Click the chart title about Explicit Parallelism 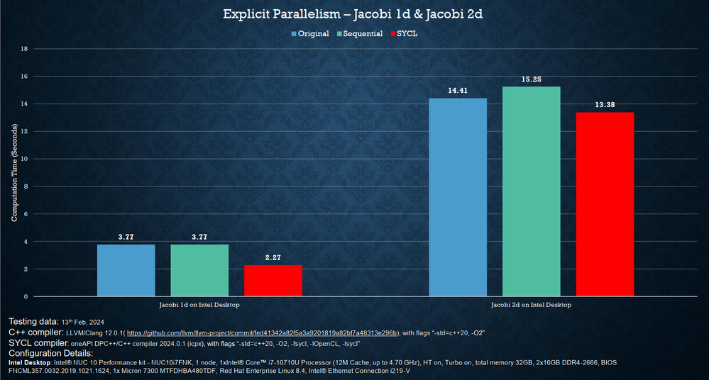[x=354, y=14]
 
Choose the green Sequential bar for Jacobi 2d [x=532, y=191]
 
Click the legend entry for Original [x=313, y=33]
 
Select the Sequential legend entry [x=363, y=33]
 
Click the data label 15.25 [x=532, y=79]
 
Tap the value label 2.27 [x=273, y=258]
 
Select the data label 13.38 [x=605, y=105]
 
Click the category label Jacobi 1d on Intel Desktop [x=199, y=304]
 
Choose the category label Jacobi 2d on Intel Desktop [x=532, y=304]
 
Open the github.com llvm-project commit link [x=263, y=332]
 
